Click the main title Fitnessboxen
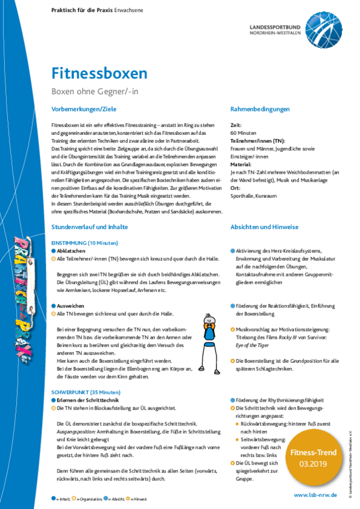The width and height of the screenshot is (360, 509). pos(99,74)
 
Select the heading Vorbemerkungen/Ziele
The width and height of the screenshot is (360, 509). pos(84,109)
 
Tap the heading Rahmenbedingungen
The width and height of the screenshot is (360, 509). pos(260,109)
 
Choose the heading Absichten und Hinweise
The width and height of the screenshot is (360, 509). pos(265,227)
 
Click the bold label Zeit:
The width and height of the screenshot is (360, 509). pos(236,125)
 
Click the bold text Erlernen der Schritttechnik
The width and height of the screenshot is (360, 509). pos(89,399)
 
